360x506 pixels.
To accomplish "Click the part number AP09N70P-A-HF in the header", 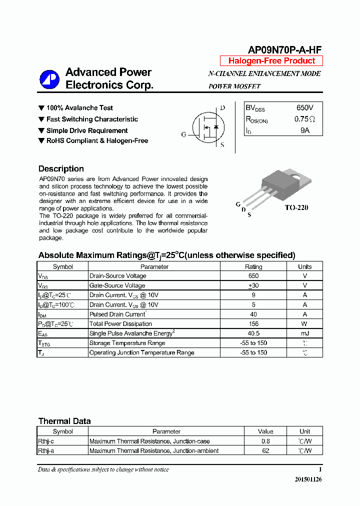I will (285, 49).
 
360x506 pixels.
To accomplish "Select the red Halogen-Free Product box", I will (271, 61).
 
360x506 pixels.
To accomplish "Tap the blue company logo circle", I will (49, 79).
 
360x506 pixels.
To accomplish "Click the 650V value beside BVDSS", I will (304, 108).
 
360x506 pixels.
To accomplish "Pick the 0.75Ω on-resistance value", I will (304, 119).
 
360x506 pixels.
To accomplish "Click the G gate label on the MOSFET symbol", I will (183, 134).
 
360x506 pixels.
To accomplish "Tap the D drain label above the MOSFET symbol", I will (222, 107).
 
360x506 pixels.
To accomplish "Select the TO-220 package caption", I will (296, 207).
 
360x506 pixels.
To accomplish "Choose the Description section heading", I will (61, 169).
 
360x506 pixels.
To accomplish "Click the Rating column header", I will (253, 266).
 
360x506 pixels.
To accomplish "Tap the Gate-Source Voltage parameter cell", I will (117, 285).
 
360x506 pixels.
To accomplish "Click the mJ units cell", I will (305, 333).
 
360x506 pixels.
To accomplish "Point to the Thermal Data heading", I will (64, 421).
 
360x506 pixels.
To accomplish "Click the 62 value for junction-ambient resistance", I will (265, 451).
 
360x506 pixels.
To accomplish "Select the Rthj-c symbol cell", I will (46, 441).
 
